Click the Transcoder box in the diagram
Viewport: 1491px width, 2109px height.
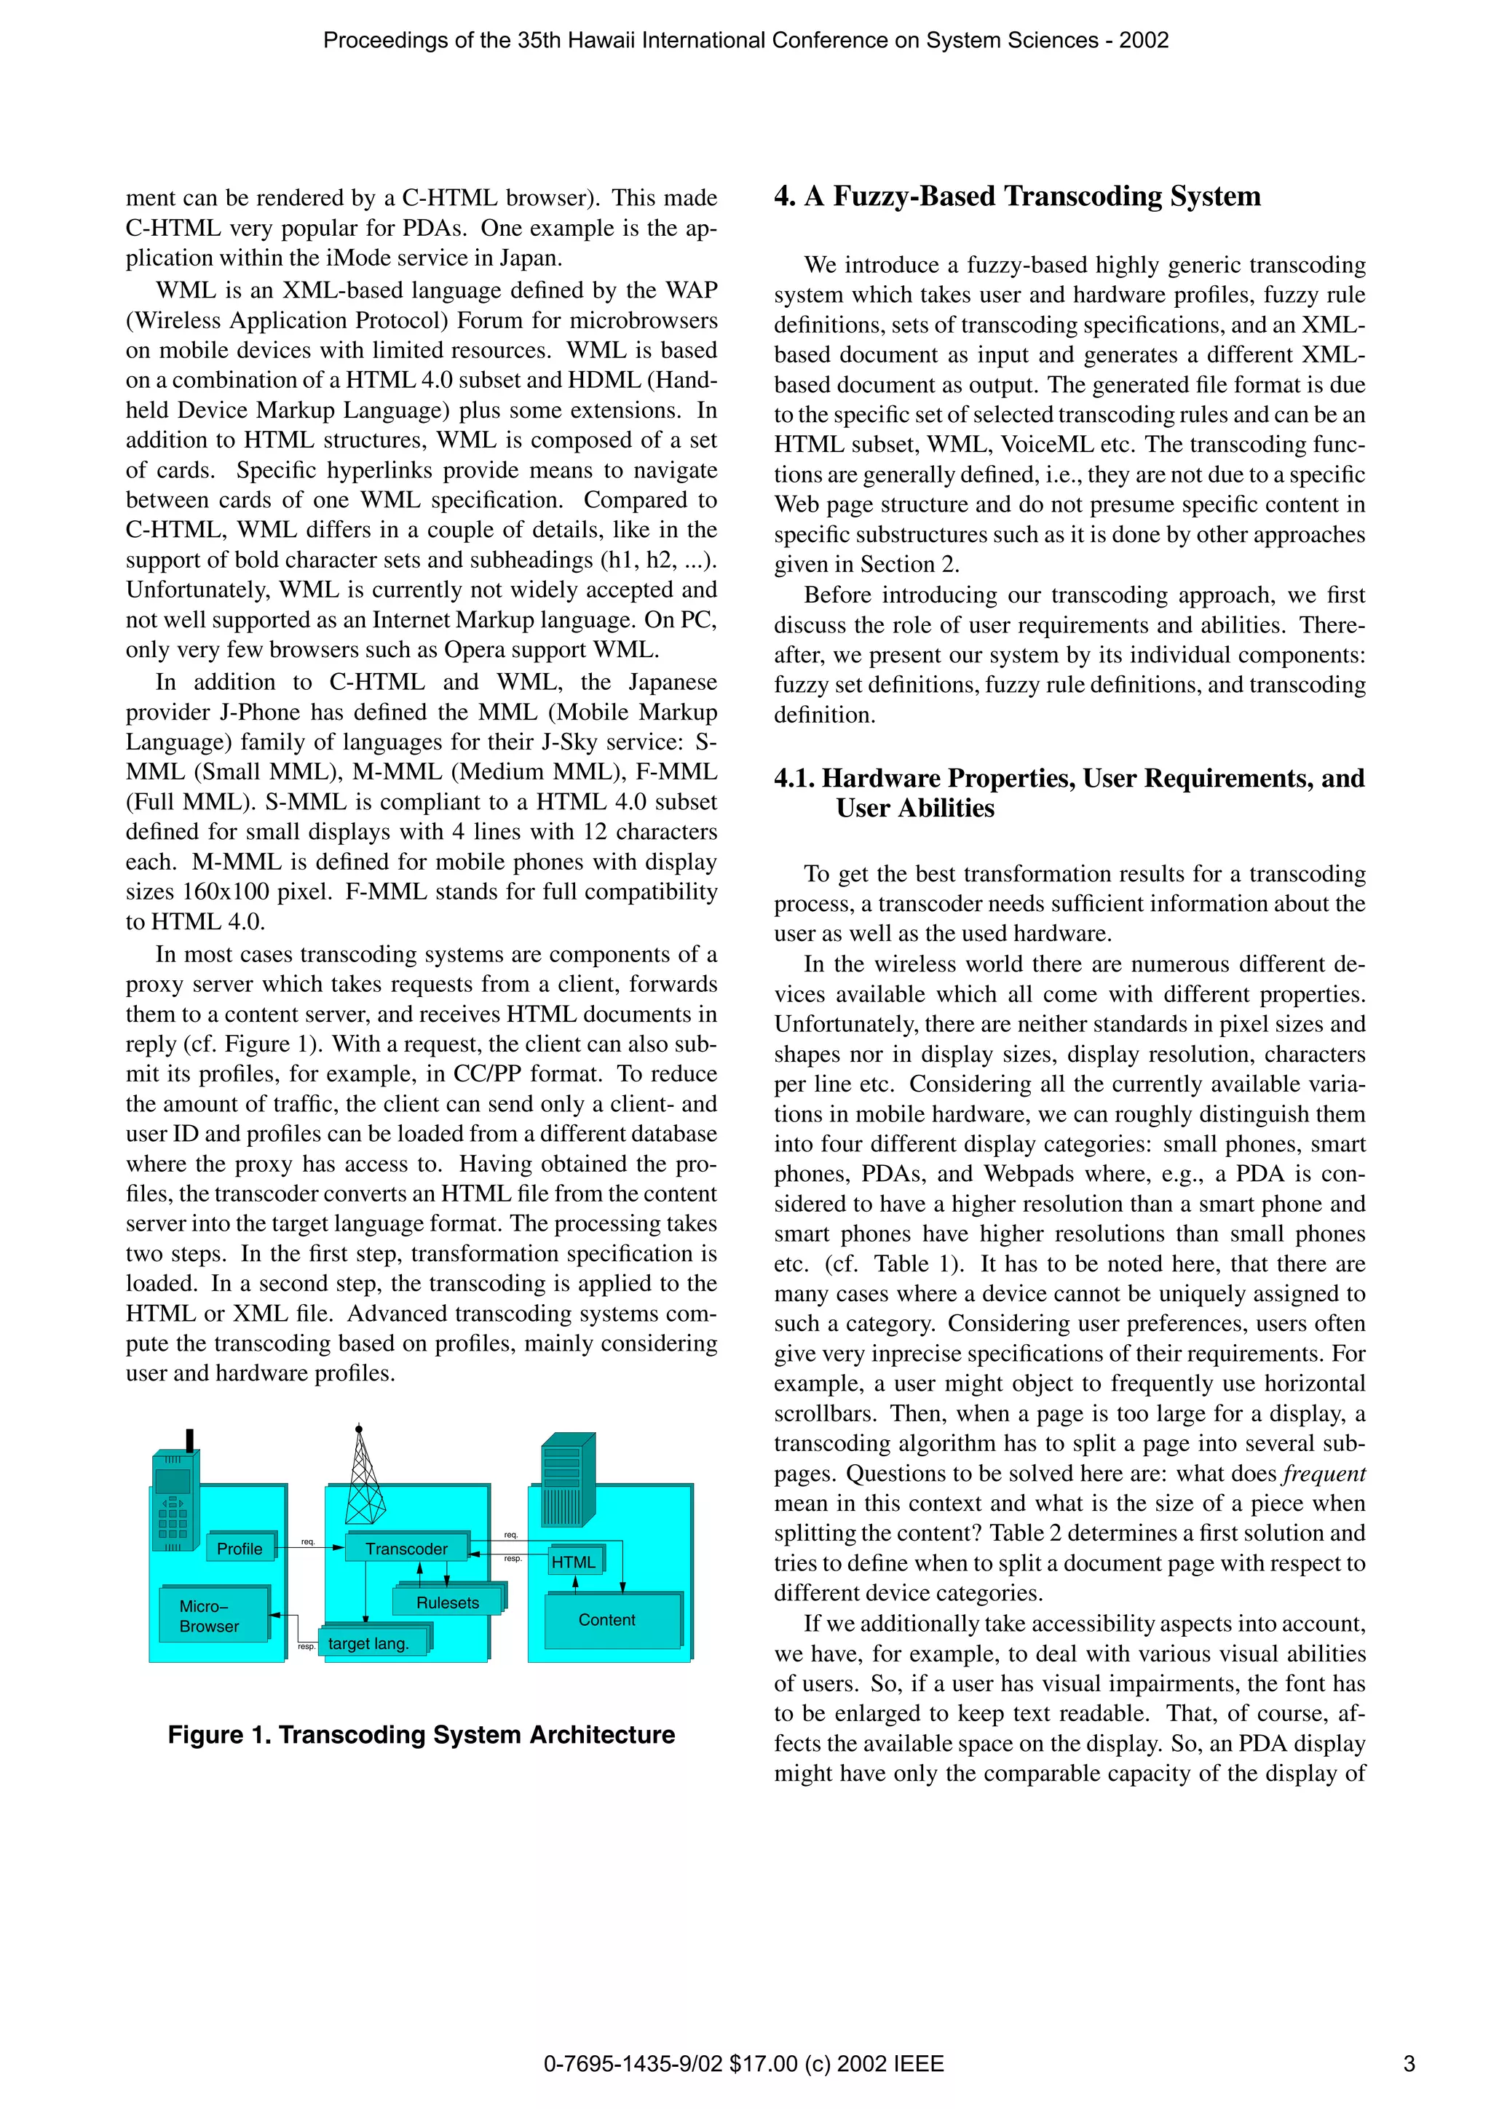click(x=407, y=1549)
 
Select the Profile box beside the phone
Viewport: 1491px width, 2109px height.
click(x=240, y=1549)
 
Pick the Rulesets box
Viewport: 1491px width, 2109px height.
click(x=448, y=1603)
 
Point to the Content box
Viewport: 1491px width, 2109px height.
click(x=608, y=1619)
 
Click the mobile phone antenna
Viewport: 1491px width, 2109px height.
click(x=190, y=1441)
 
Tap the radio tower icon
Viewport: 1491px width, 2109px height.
click(x=364, y=1479)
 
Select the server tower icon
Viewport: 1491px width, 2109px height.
click(x=567, y=1479)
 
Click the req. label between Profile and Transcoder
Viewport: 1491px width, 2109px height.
click(x=308, y=1541)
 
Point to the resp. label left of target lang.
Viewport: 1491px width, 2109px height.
click(x=306, y=1647)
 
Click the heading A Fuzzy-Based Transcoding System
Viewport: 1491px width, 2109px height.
click(x=1017, y=196)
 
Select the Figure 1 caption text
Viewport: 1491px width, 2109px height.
click(x=421, y=1735)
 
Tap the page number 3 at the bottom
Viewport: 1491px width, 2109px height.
click(x=1408, y=2064)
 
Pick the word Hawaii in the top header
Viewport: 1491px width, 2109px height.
click(x=606, y=41)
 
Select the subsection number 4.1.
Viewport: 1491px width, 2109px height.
click(x=795, y=779)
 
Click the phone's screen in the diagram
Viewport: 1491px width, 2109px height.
click(x=173, y=1481)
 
